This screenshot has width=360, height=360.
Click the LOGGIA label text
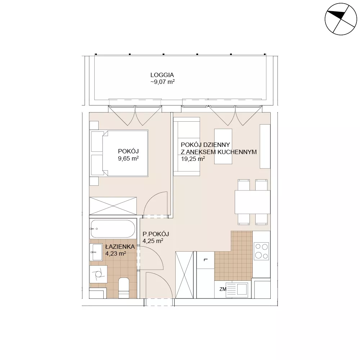[162, 75]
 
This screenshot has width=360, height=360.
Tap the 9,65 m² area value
[129, 158]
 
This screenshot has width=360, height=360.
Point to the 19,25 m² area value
[193, 159]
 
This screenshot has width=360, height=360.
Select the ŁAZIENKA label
[120, 247]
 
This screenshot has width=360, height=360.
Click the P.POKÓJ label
[156, 234]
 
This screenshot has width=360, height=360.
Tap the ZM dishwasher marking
[223, 289]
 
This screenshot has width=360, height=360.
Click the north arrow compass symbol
[341, 19]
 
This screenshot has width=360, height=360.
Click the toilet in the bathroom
[124, 288]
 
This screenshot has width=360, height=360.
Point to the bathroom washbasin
[96, 252]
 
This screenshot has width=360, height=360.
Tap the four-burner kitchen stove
[261, 251]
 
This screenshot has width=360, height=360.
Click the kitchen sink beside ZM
[237, 290]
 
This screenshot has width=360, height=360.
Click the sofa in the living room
[186, 147]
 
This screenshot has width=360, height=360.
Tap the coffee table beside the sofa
[223, 147]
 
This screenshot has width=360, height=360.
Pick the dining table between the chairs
[252, 202]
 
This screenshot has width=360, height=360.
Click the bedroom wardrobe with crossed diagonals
[113, 206]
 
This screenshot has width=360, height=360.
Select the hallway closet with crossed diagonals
[184, 275]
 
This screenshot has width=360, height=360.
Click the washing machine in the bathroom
[98, 274]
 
